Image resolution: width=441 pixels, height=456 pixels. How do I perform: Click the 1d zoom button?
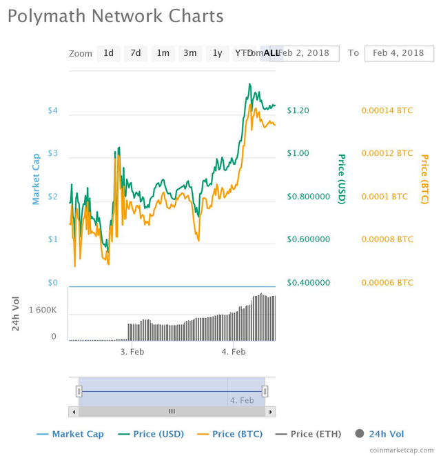pyautogui.click(x=109, y=53)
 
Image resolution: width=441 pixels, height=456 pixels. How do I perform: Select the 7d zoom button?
pyautogui.click(x=136, y=53)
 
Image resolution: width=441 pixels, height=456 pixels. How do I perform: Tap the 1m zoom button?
pyautogui.click(x=163, y=53)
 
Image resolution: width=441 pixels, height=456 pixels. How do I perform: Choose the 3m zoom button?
pyautogui.click(x=189, y=53)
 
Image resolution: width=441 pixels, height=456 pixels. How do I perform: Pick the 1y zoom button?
pyautogui.click(x=217, y=53)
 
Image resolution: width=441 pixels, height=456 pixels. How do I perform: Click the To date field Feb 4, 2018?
pyautogui.click(x=398, y=53)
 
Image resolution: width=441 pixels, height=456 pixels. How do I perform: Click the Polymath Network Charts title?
pyautogui.click(x=116, y=16)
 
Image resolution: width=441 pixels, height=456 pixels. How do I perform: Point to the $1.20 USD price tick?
pyautogui.click(x=298, y=110)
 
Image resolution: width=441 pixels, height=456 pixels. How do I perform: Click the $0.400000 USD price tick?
pyautogui.click(x=309, y=283)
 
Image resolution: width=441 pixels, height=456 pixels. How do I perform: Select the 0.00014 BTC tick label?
pyautogui.click(x=387, y=110)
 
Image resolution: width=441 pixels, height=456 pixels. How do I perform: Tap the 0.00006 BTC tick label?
pyautogui.click(x=387, y=283)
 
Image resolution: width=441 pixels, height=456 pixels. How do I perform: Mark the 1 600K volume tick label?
pyautogui.click(x=43, y=310)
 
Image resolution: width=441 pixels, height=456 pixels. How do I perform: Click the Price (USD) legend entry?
pyautogui.click(x=152, y=434)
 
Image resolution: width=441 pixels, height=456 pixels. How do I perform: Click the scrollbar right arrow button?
pyautogui.click(x=271, y=411)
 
